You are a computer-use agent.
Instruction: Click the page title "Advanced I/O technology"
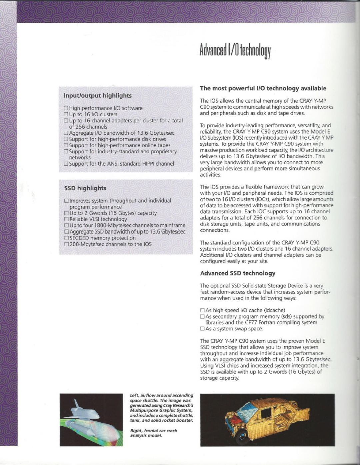[x=235, y=51]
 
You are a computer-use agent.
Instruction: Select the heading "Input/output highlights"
[x=98, y=96]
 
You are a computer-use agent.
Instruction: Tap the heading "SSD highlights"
[x=85, y=188]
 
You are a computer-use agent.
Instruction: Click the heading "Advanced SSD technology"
[x=238, y=273]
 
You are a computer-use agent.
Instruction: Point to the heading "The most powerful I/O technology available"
[x=263, y=88]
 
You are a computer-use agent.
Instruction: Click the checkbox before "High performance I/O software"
[x=66, y=108]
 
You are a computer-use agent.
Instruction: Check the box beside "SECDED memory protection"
[x=66, y=238]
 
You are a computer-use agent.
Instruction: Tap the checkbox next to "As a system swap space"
[x=202, y=329]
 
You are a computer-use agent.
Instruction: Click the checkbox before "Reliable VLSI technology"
[x=66, y=219]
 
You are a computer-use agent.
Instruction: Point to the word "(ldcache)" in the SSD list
[x=275, y=310]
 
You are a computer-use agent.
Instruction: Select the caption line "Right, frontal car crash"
[x=154, y=431]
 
